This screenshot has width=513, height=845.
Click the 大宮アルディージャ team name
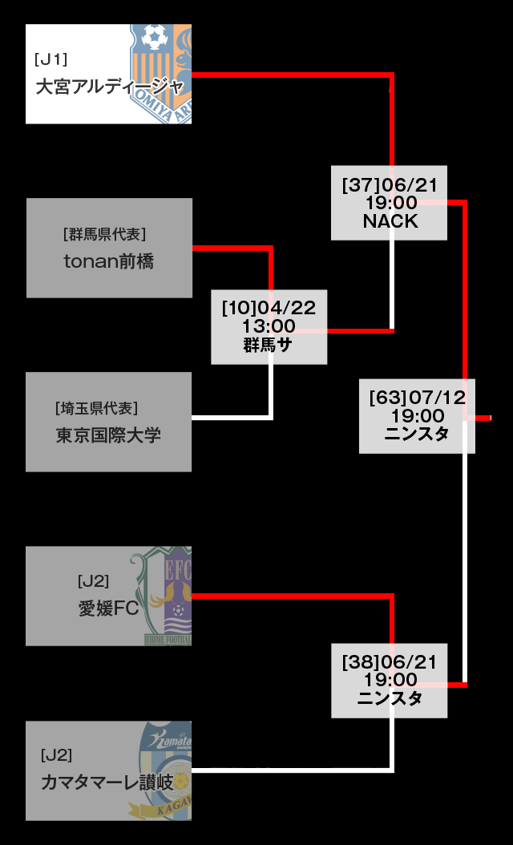pyautogui.click(x=110, y=87)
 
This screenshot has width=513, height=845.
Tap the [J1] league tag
pyautogui.click(x=50, y=59)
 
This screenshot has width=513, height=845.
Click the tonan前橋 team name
pyautogui.click(x=108, y=261)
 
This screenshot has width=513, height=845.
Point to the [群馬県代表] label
pyautogui.click(x=104, y=234)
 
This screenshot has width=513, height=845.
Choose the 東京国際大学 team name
pyautogui.click(x=108, y=435)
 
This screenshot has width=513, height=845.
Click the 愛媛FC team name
pyautogui.click(x=108, y=608)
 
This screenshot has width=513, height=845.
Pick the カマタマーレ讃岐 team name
pyautogui.click(x=107, y=782)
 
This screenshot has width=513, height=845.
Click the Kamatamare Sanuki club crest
pyautogui.click(x=165, y=770)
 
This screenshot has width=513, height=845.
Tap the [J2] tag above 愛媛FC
pyautogui.click(x=93, y=581)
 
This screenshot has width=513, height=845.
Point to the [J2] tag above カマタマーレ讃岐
pyautogui.click(x=56, y=755)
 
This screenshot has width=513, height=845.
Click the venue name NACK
pyautogui.click(x=390, y=221)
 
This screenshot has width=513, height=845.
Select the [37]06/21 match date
pyautogui.click(x=390, y=185)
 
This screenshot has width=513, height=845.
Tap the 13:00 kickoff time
pyautogui.click(x=269, y=326)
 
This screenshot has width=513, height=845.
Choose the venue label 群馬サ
pyautogui.click(x=268, y=345)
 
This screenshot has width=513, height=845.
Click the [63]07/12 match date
pyautogui.click(x=417, y=398)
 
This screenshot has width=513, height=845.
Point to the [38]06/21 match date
pyautogui.click(x=390, y=662)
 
